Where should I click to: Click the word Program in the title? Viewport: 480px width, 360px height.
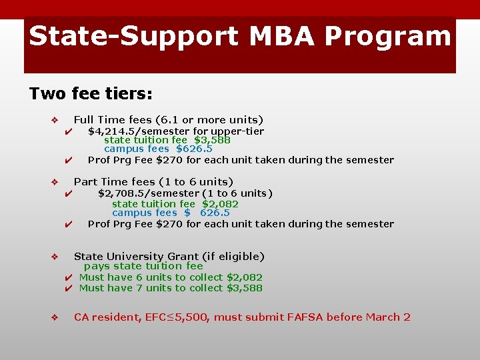394,37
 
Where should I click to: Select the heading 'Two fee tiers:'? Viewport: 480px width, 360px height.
91,93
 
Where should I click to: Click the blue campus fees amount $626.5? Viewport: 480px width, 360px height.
194,149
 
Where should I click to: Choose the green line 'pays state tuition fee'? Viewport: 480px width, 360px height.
143,266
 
